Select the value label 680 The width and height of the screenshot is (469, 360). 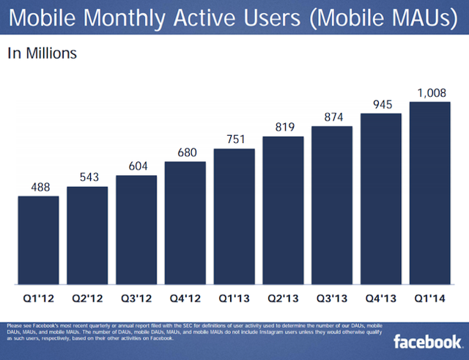pyautogui.click(x=185, y=153)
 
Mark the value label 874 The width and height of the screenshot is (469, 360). pyautogui.click(x=332, y=117)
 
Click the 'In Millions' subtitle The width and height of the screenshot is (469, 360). pyautogui.click(x=43, y=53)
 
